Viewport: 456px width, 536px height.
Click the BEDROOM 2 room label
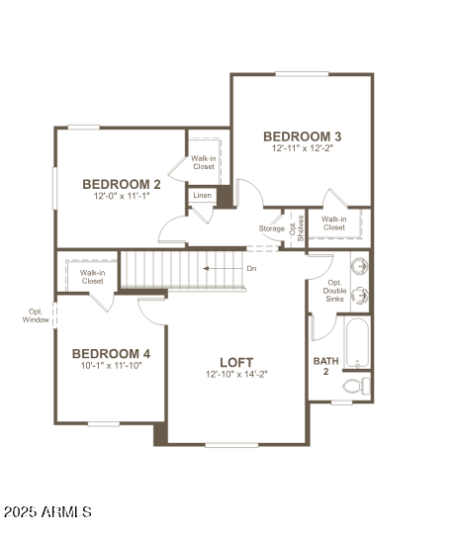click(x=122, y=183)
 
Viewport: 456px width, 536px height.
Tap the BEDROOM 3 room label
click(x=303, y=136)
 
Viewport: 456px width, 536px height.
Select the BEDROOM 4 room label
click(x=111, y=353)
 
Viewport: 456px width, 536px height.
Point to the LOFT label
click(x=236, y=362)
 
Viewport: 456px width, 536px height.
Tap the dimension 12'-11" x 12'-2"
click(x=303, y=149)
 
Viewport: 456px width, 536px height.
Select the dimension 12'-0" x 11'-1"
click(x=122, y=196)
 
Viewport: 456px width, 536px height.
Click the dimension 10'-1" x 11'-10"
click(x=111, y=366)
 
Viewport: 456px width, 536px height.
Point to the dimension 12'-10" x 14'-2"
click(x=236, y=375)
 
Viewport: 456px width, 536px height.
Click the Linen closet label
click(x=202, y=196)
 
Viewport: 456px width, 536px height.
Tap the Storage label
click(x=272, y=229)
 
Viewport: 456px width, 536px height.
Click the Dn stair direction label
click(x=251, y=268)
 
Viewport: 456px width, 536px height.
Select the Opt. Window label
click(x=36, y=315)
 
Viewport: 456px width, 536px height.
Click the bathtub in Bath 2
click(x=357, y=341)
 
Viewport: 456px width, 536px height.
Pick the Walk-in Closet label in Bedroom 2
click(x=203, y=162)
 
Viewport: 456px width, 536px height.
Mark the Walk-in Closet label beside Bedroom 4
click(x=92, y=277)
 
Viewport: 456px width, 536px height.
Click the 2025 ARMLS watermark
click(x=48, y=512)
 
